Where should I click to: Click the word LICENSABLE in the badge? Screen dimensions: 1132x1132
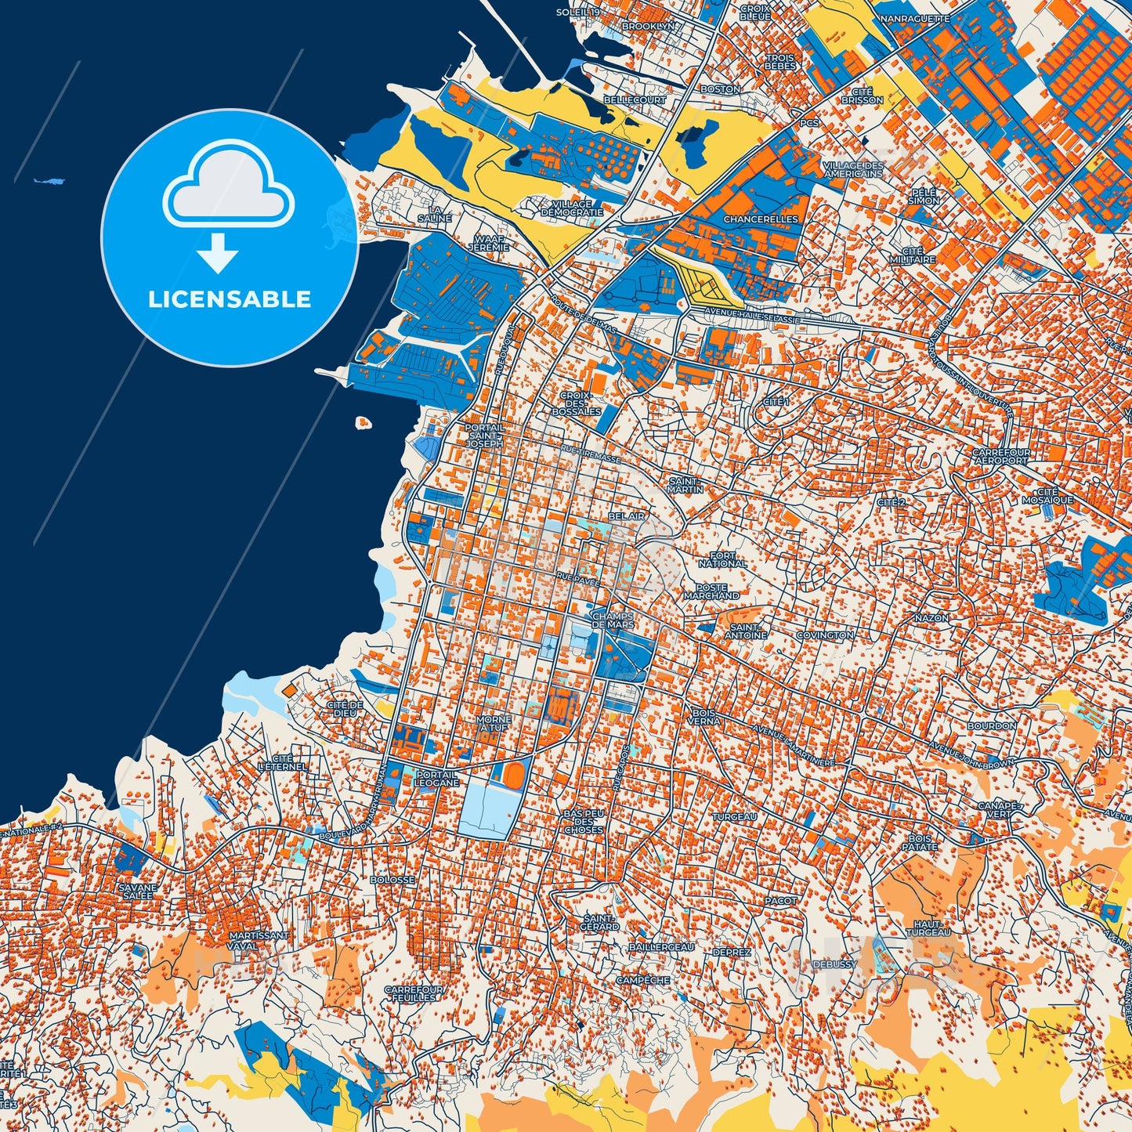click(x=230, y=299)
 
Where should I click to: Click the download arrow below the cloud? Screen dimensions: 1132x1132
click(x=218, y=254)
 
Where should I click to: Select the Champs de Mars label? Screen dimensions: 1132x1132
click(x=613, y=620)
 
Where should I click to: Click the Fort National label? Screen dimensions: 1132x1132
click(x=722, y=559)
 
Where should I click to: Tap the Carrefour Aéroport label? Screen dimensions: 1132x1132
click(x=1000, y=457)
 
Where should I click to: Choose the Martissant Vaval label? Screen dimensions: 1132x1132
click(x=259, y=940)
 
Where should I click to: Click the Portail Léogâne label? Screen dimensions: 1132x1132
click(x=437, y=778)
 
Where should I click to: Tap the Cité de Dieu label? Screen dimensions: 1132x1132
click(x=345, y=709)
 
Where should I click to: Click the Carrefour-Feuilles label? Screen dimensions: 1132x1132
click(x=414, y=994)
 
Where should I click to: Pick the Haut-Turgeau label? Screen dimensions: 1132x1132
click(x=931, y=928)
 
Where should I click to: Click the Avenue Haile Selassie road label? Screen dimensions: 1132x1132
click(x=741, y=317)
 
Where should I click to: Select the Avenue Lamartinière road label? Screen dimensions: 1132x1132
click(x=793, y=745)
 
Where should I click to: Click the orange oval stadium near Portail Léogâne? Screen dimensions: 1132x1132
click(x=514, y=774)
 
